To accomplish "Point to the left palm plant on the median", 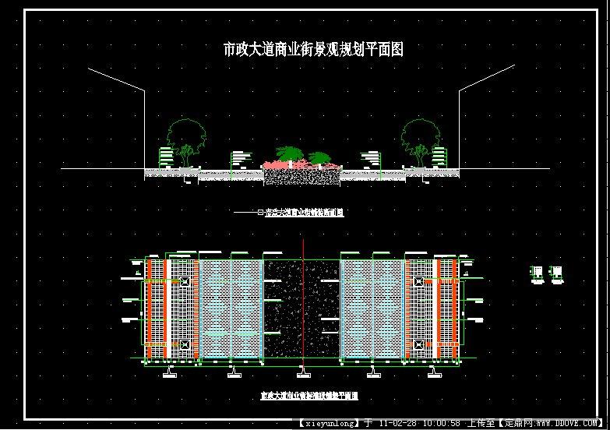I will (x=288, y=153).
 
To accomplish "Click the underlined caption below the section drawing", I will (x=305, y=212).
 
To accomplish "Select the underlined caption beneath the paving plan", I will (x=309, y=396).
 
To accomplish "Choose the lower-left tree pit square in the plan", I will (x=185, y=344).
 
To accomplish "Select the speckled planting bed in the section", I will (x=301, y=177).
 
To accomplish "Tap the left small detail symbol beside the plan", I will (x=538, y=271).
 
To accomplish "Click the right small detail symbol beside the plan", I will (x=555, y=271).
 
